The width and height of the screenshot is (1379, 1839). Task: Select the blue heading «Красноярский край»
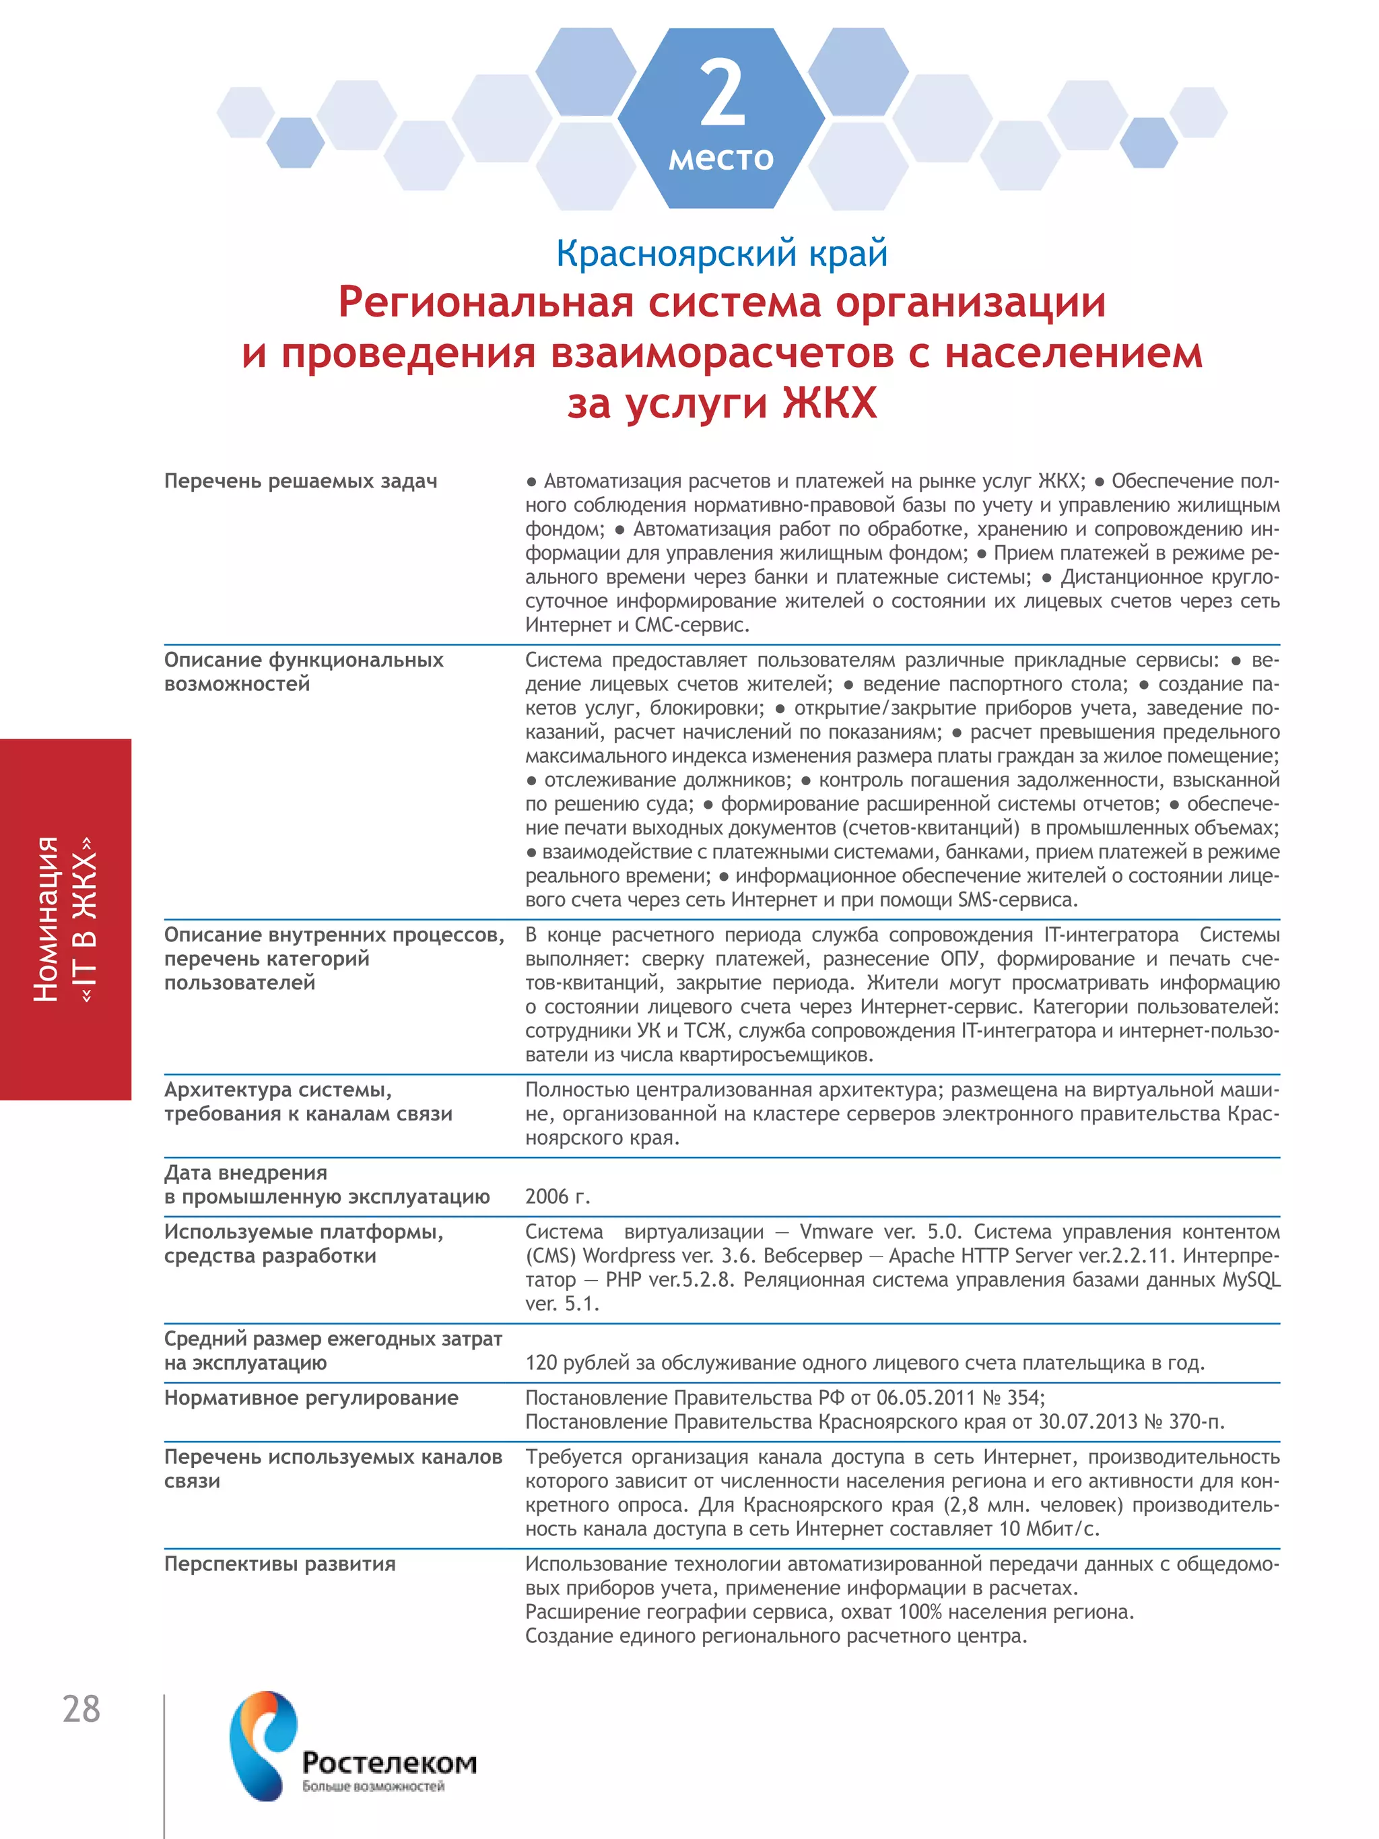pos(722,253)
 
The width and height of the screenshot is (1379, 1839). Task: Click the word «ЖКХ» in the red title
pos(830,403)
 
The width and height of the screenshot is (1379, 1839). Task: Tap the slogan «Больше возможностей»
pos(373,1786)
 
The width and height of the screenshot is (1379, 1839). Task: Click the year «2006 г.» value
pos(557,1197)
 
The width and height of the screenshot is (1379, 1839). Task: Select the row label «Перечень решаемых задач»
pos(300,481)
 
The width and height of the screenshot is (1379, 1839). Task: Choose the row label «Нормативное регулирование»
pos(311,1397)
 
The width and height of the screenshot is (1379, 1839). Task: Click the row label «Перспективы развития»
pos(279,1564)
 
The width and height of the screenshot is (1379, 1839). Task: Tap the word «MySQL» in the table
pos(1250,1279)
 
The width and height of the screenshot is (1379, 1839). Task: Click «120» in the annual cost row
pos(541,1363)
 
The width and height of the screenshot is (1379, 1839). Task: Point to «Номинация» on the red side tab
pos(46,918)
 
